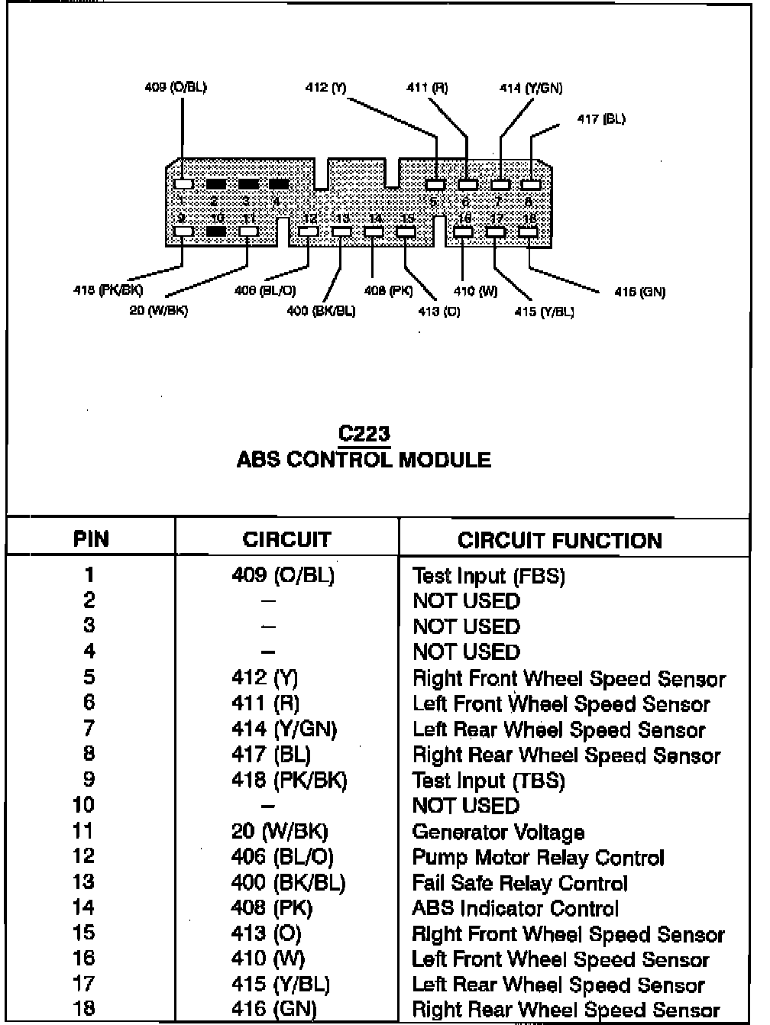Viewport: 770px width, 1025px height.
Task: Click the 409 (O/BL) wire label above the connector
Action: (x=176, y=87)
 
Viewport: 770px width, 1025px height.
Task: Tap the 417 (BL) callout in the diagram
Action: (x=601, y=119)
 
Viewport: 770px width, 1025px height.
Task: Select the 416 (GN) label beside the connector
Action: (x=639, y=292)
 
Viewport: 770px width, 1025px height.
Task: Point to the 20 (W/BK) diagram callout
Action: (x=159, y=310)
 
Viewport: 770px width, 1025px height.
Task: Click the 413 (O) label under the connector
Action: (x=439, y=312)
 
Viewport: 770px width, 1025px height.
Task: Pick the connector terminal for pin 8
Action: (x=530, y=185)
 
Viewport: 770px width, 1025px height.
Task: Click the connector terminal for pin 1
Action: (x=183, y=184)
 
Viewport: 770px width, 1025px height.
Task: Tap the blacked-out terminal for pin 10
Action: (x=216, y=231)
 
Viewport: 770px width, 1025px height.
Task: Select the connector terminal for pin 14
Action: (x=374, y=231)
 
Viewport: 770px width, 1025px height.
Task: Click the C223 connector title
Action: (x=364, y=434)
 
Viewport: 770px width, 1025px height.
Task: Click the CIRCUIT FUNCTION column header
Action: (x=559, y=541)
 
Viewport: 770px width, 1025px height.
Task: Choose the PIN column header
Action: (x=91, y=539)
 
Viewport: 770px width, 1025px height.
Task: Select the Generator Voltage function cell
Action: (x=498, y=832)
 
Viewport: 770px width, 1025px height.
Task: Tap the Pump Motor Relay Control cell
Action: (x=538, y=858)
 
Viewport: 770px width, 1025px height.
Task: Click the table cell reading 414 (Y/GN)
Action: (x=283, y=729)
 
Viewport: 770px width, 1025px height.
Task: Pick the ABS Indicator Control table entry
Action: (x=515, y=908)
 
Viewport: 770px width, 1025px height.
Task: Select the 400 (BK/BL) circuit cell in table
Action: (x=288, y=883)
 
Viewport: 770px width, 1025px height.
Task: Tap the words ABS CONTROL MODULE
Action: (x=364, y=460)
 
